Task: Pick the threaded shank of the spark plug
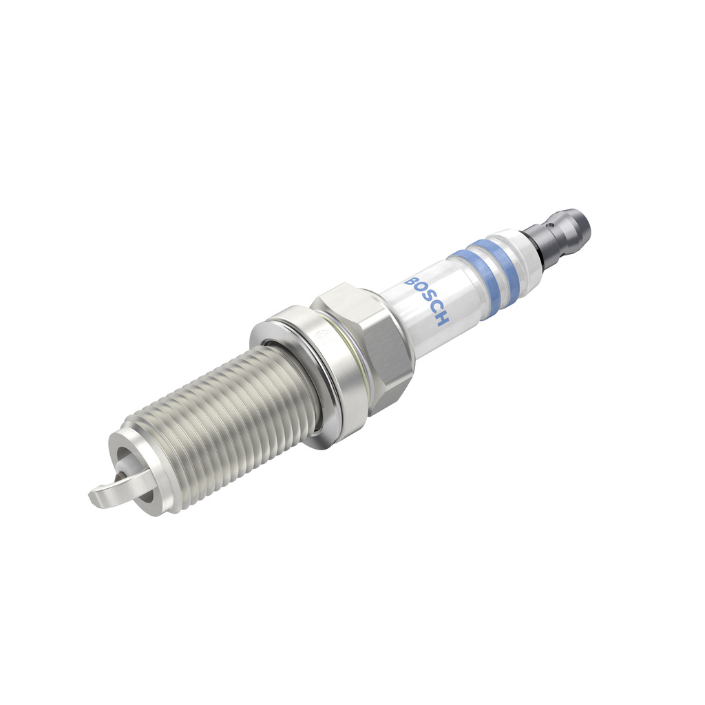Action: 227,427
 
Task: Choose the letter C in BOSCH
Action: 435,310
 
